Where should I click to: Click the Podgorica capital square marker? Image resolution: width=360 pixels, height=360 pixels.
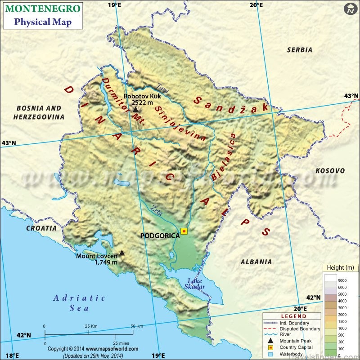(184, 231)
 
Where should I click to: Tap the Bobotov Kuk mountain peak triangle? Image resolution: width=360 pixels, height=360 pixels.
(135, 109)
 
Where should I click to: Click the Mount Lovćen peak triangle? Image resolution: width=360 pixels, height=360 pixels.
(121, 253)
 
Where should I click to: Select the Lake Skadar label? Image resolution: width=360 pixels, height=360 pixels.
(196, 284)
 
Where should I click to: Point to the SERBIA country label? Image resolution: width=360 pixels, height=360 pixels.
(299, 50)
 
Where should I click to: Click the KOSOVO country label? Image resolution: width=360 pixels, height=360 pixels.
(330, 171)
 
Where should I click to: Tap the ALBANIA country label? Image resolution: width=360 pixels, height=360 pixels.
(256, 262)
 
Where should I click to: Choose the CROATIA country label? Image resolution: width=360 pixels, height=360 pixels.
(41, 228)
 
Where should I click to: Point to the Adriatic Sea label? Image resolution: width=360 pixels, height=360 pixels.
(79, 303)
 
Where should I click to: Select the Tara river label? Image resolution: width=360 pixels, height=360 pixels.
(163, 88)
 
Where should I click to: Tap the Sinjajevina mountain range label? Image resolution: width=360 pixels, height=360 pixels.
(180, 124)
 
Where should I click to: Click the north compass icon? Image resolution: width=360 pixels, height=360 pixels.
(350, 9)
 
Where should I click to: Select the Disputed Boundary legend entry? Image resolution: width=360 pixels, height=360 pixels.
(300, 329)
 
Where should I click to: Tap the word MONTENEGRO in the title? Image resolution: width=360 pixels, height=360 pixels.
(44, 9)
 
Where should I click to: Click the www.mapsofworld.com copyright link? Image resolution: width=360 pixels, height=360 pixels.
(112, 349)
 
